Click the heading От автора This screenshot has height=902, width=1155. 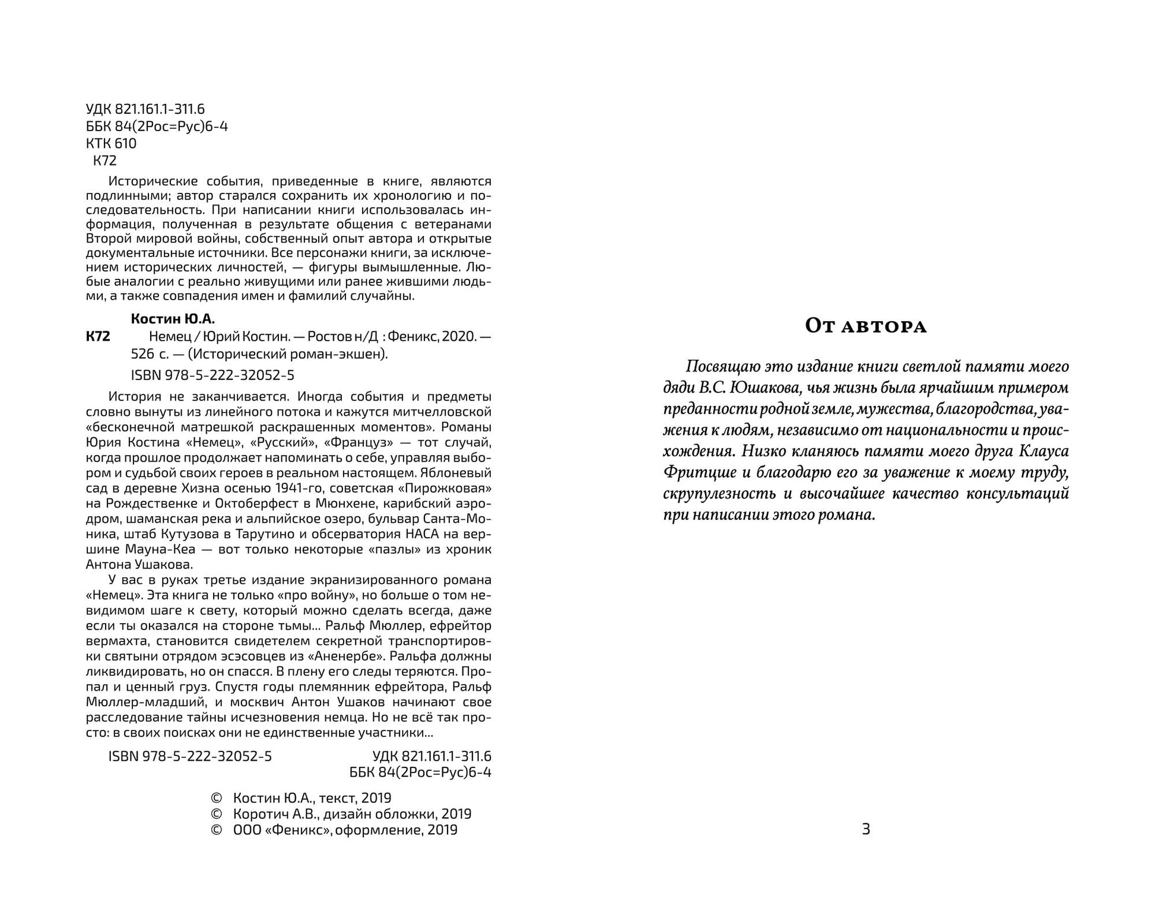click(x=865, y=326)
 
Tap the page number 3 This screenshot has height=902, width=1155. click(x=865, y=829)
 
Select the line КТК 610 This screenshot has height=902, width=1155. click(x=111, y=144)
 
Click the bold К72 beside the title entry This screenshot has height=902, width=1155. click(x=98, y=337)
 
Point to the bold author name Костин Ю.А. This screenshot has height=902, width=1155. click(x=173, y=319)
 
